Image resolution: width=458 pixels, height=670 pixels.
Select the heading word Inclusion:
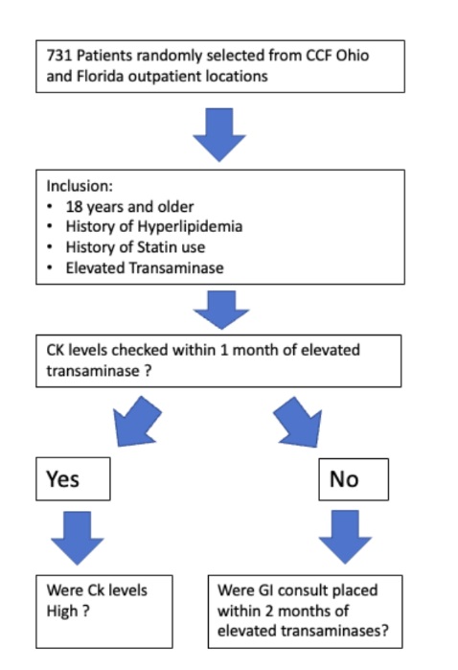click(x=80, y=186)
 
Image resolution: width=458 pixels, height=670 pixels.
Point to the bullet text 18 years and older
click(x=129, y=207)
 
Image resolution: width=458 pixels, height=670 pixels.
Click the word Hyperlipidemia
click(x=190, y=226)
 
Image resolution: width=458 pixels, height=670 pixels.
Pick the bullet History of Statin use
click(x=135, y=247)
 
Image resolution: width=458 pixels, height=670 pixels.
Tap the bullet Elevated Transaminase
click(x=145, y=268)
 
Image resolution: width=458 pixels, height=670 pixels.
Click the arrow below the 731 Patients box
click(x=219, y=135)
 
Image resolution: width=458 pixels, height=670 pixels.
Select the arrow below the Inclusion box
click(x=221, y=310)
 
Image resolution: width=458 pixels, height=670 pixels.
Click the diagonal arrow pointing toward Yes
click(x=137, y=422)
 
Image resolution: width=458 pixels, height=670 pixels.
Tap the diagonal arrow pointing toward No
click(x=298, y=422)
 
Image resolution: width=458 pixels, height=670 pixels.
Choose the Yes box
click(x=73, y=478)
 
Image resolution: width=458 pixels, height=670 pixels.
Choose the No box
click(x=354, y=479)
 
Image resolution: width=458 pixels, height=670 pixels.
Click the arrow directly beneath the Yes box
click(x=78, y=538)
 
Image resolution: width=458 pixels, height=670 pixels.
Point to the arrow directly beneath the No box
click(x=345, y=538)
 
